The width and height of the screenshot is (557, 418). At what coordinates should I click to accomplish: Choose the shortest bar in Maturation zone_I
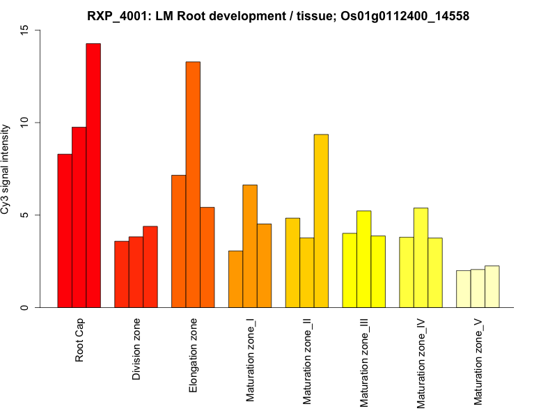(235, 279)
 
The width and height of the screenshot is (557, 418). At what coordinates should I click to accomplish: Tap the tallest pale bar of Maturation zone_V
(492, 286)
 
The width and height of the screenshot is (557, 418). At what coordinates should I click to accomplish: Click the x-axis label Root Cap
(79, 342)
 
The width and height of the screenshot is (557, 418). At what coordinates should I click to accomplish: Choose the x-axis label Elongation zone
(194, 355)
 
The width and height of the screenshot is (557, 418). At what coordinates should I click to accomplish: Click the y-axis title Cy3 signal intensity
(6, 169)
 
